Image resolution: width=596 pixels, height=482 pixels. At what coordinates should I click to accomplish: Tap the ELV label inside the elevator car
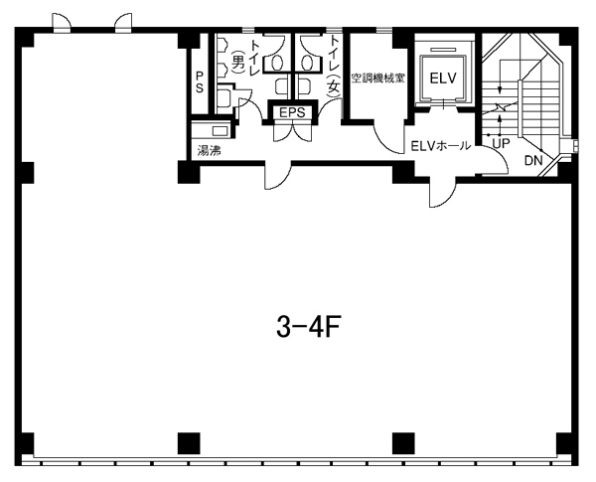coord(443,78)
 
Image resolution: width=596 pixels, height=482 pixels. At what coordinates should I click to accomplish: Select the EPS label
coord(292,112)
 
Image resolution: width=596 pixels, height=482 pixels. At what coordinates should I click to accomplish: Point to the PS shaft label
coord(200,81)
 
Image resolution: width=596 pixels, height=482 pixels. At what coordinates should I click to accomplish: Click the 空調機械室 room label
coord(377,79)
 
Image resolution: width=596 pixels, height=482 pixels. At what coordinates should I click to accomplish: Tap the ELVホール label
coord(441,146)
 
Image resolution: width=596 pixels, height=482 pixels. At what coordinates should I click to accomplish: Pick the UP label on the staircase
coord(502,143)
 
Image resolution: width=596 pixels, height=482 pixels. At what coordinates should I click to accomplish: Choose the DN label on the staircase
coord(533,161)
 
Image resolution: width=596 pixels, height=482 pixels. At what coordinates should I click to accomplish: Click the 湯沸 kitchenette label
coord(209,151)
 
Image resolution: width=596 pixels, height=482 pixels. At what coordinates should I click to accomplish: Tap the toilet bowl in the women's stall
coord(308,62)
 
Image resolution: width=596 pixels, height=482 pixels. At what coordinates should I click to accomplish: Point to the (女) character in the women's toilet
coord(334,86)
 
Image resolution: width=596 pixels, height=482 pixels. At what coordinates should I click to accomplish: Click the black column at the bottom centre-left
coord(189,443)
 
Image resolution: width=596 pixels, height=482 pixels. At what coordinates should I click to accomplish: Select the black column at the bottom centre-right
coord(403,443)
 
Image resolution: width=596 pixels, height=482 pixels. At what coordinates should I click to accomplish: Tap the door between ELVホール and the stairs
coord(499,160)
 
